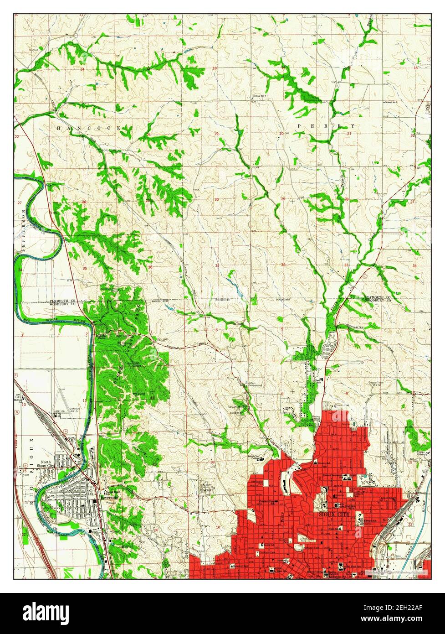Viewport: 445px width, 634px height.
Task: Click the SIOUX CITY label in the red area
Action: coord(335,514)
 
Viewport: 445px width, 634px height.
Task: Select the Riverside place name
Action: coord(111,498)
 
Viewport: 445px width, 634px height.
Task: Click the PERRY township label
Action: coord(326,125)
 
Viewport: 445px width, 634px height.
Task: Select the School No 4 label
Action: coord(259,96)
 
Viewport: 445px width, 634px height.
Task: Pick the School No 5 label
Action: coord(391,102)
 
